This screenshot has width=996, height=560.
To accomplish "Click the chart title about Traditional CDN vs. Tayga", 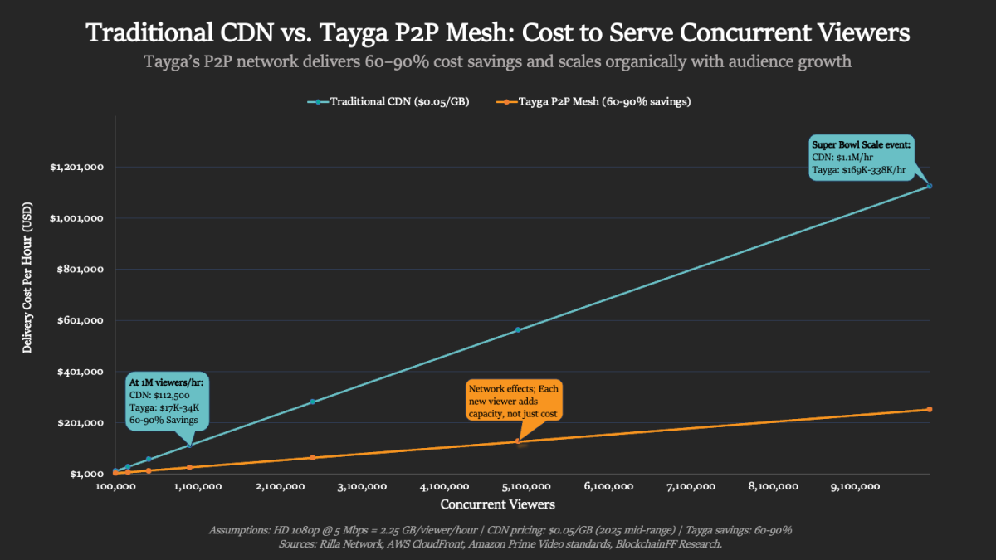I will (498, 33).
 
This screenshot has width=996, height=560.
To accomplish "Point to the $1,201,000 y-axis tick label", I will (76, 168).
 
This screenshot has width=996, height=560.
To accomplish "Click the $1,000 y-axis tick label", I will (86, 474).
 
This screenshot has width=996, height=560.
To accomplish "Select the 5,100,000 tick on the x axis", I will (526, 487).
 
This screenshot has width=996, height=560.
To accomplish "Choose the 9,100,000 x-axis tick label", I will (855, 487).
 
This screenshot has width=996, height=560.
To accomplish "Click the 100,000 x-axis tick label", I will (115, 487).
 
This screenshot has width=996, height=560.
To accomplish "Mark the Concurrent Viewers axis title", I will (498, 504).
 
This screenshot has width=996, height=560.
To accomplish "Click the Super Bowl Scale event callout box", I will (861, 158).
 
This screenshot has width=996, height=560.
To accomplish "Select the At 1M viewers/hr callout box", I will (167, 402).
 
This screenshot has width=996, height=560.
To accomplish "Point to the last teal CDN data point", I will (930, 186).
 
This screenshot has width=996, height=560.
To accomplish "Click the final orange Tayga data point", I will (930, 409).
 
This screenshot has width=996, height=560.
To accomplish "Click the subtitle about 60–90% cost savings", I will (498, 62).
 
